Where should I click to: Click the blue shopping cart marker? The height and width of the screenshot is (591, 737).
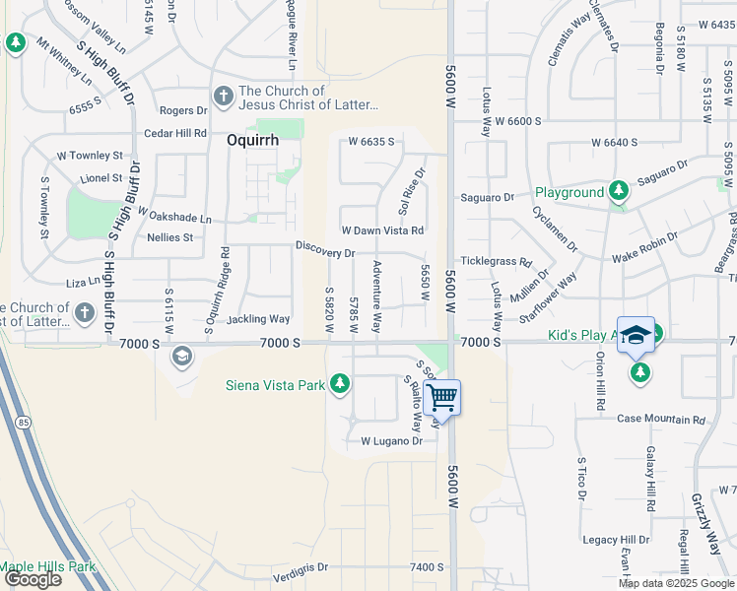point(443,398)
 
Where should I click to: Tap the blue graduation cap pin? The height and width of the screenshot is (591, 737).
point(636,336)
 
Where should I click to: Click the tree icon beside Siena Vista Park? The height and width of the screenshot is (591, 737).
point(340,383)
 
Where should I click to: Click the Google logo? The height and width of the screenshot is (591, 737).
point(32,579)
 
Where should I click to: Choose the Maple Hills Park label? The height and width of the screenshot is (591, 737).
point(47,566)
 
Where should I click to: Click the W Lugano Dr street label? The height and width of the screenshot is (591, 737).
point(391,441)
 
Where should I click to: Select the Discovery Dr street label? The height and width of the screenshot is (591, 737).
point(324,253)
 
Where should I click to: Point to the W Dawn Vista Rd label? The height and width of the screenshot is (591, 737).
point(382,230)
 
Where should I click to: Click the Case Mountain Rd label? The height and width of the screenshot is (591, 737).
point(661,419)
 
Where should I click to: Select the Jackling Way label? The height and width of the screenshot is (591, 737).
point(258,319)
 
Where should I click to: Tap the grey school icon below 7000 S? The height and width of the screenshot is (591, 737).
point(181,356)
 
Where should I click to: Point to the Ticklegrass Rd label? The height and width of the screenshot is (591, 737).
point(497,264)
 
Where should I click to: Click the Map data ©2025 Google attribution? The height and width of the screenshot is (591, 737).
point(675,582)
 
